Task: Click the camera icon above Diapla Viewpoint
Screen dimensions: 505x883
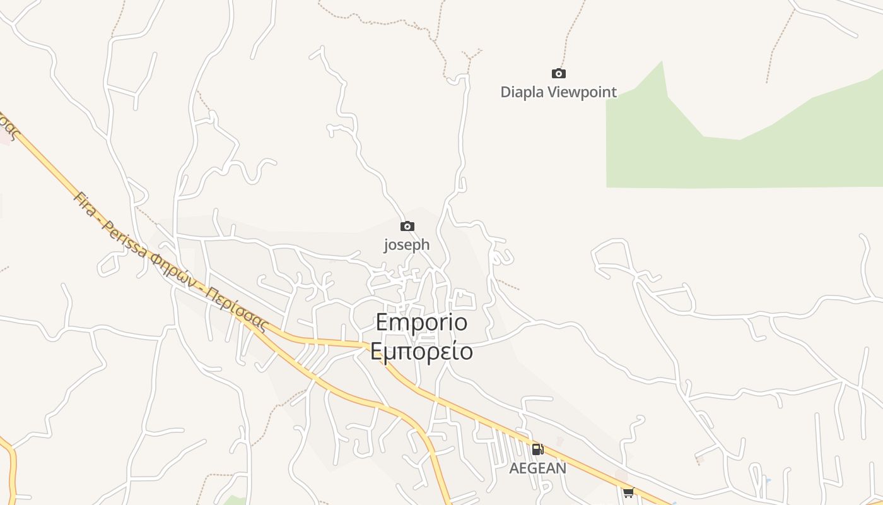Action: (558, 73)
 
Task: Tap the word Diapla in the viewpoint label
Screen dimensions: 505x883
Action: (522, 92)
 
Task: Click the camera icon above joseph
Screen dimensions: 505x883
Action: (407, 226)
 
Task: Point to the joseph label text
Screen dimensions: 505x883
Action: (407, 244)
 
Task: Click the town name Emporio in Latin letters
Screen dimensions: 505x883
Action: (421, 323)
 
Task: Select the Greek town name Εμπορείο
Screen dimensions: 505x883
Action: (421, 351)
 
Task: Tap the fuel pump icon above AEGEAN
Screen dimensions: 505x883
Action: (537, 449)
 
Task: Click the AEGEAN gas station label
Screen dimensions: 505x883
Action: (537, 468)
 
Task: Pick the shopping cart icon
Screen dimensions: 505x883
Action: (628, 492)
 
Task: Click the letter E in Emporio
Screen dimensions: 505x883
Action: (382, 323)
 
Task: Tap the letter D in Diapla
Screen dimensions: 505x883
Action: (505, 92)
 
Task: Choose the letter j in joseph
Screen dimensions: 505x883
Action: (386, 245)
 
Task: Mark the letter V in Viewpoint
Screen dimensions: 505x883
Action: (552, 92)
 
